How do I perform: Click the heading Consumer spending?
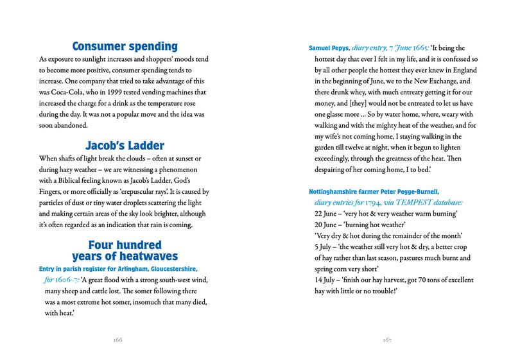[x=125, y=46]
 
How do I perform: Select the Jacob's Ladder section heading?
[x=125, y=146]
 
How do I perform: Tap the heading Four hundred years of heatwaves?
[x=125, y=251]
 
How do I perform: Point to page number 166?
[x=117, y=339]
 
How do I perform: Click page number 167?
[x=386, y=339]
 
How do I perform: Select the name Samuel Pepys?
[x=329, y=47]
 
